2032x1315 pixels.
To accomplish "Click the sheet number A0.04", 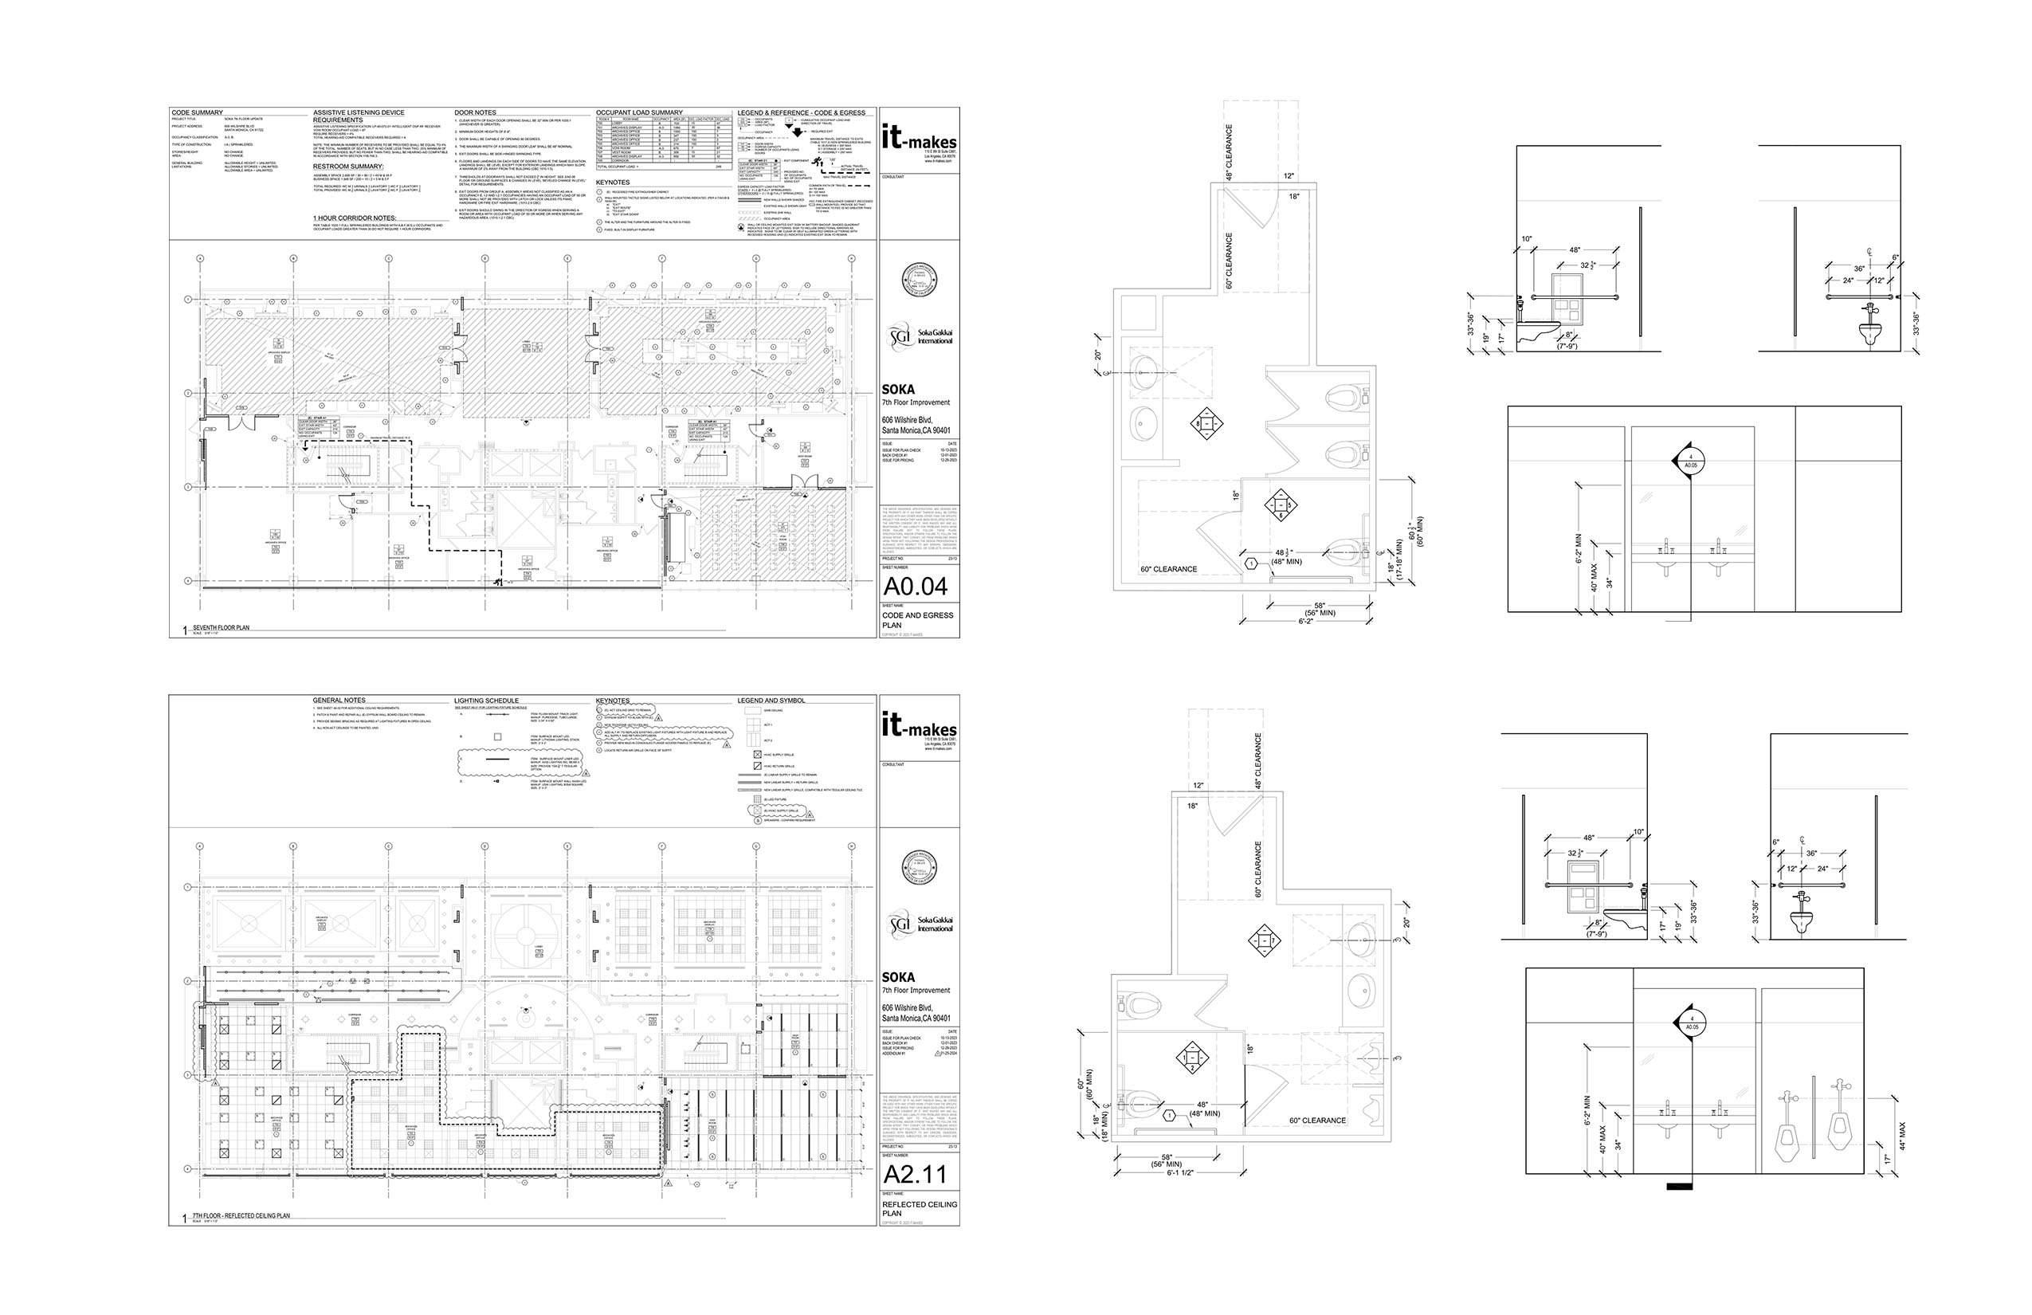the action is click(916, 587).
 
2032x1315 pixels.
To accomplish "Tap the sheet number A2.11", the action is click(916, 1175).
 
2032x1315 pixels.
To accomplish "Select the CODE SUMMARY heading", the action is click(198, 112).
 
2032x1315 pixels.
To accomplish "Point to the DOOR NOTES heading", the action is click(475, 112).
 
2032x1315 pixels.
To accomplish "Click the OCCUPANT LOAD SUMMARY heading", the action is click(638, 112).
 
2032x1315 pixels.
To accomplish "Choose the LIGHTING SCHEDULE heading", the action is click(486, 701).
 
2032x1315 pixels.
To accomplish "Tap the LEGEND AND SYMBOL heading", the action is click(771, 701).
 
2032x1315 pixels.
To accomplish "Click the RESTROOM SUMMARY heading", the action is click(348, 167).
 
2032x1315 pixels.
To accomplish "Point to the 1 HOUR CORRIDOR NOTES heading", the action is click(355, 218).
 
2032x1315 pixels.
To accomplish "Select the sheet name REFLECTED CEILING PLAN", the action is click(918, 1208).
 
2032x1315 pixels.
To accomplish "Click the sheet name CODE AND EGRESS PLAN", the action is click(918, 619).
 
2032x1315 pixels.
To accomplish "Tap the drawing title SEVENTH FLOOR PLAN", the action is click(222, 628).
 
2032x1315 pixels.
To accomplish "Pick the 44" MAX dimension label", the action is click(1901, 1135).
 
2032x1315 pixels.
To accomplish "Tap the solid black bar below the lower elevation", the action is click(1680, 1186).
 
